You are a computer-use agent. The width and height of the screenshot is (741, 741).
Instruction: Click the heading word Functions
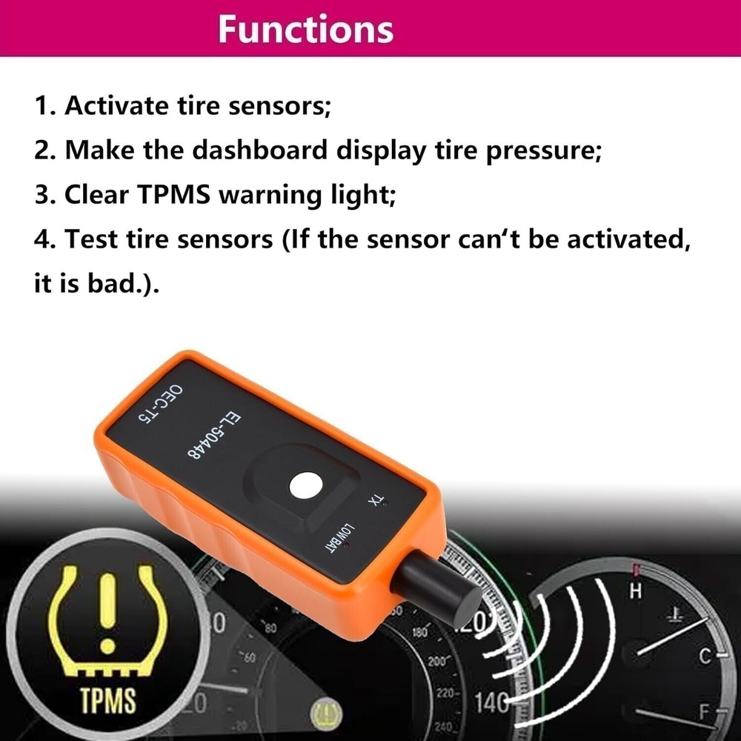point(306,30)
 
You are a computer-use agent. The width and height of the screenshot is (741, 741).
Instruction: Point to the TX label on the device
point(376,503)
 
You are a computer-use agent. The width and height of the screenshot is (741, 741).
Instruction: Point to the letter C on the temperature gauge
point(705,655)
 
